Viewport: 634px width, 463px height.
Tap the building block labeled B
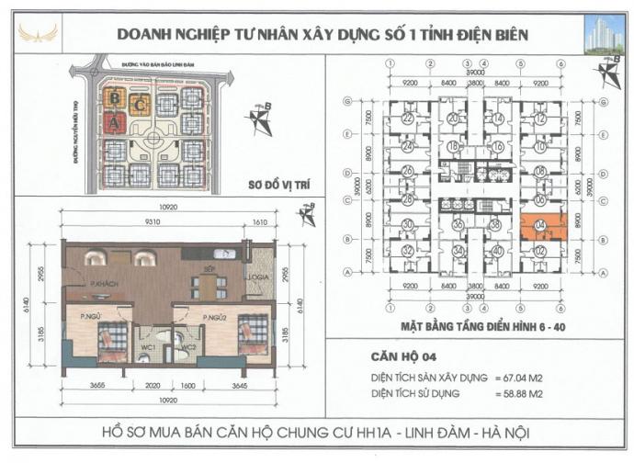coord(114,97)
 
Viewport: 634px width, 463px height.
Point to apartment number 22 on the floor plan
coord(407,119)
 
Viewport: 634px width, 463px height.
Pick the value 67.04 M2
coord(536,377)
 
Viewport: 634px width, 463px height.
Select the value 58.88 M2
coord(536,392)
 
